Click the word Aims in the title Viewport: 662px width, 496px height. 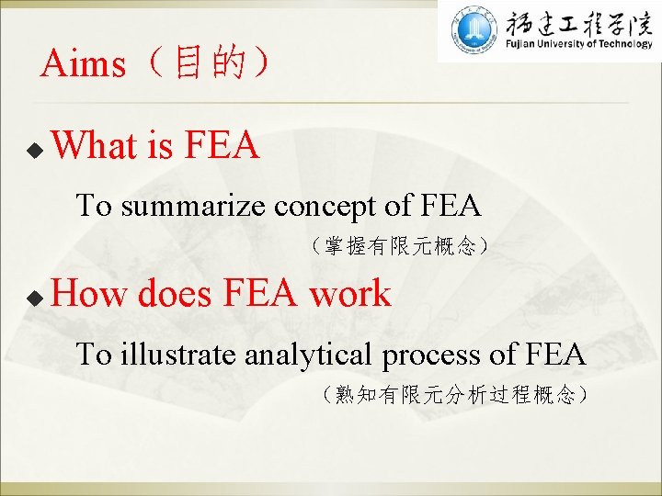click(x=84, y=64)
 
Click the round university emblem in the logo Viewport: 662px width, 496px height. click(x=474, y=30)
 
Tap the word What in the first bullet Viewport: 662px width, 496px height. click(x=96, y=146)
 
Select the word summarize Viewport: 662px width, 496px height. click(x=195, y=206)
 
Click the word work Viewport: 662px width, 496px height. click(x=349, y=295)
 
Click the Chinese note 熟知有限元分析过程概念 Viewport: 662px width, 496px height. click(x=456, y=395)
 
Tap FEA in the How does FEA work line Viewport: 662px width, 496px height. click(x=261, y=295)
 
